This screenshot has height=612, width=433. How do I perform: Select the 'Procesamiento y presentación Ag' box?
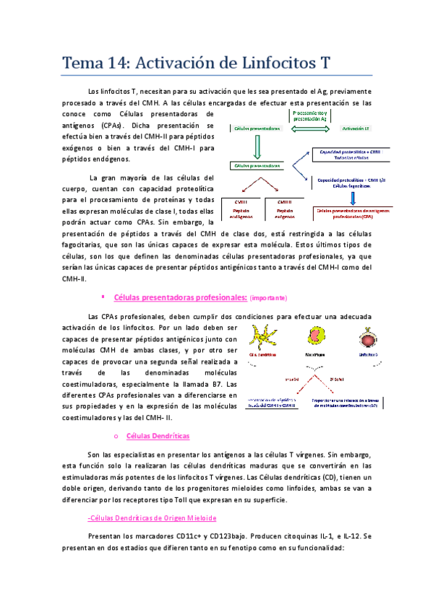coord(312,116)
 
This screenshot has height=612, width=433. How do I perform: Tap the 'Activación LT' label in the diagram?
coord(355,128)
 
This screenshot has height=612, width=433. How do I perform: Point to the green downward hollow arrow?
coord(256,147)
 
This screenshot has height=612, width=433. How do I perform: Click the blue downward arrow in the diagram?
coord(353,196)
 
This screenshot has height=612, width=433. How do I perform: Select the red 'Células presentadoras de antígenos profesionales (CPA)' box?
coord(352,213)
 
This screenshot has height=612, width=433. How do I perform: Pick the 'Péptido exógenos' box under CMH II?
coord(283,212)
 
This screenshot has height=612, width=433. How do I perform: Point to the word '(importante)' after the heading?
coord(268,297)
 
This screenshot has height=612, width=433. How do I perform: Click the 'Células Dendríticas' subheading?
coord(158,436)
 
